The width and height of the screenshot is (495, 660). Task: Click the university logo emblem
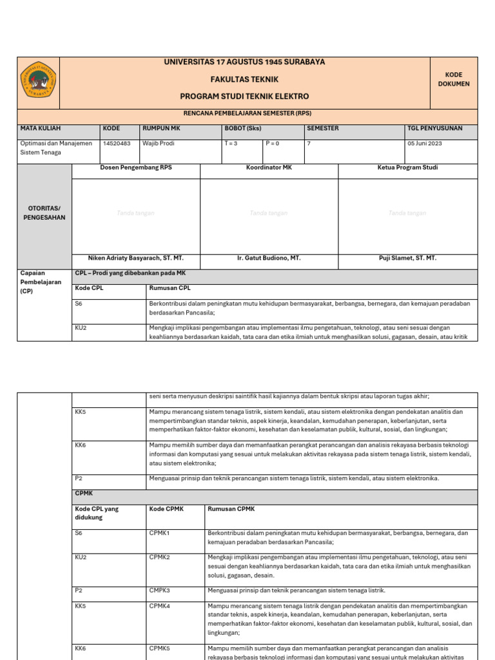point(39,79)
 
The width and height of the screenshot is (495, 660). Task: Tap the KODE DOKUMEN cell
point(454,79)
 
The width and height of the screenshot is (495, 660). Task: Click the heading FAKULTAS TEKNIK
point(244,79)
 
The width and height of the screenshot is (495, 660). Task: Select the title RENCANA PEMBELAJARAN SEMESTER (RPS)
point(247,113)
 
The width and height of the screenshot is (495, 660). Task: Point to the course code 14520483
point(116,144)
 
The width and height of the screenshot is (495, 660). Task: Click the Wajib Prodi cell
point(159,144)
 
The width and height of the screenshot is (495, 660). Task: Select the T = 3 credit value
point(231,144)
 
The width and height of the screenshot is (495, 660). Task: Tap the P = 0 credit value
point(272,144)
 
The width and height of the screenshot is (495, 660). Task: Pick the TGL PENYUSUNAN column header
point(434,128)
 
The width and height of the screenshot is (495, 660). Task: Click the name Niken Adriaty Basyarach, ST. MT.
point(136,258)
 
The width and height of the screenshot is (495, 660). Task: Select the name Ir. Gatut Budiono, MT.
point(269,258)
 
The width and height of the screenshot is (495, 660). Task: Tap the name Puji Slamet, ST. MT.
point(407,258)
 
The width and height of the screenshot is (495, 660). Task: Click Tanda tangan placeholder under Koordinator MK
point(269,213)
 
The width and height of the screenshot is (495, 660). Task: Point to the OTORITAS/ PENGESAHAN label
point(44,213)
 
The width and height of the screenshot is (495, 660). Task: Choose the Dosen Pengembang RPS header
point(136,168)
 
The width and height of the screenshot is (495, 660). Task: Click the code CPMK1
point(159,534)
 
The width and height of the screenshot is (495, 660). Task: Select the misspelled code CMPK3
point(159,590)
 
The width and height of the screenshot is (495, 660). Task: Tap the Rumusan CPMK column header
point(231,509)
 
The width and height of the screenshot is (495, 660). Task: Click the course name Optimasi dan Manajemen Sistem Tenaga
point(56,148)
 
